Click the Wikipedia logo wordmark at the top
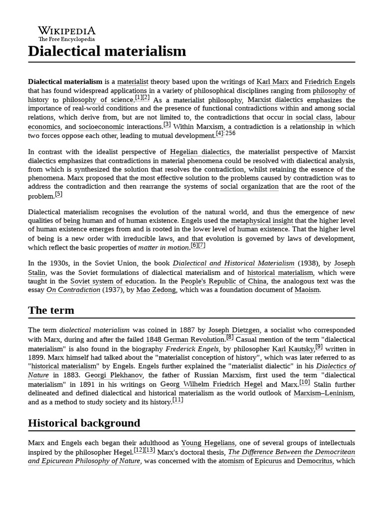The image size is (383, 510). tap(66, 30)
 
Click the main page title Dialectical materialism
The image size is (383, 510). tap(107, 51)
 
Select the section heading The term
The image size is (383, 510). tap(51, 310)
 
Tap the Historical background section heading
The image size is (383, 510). tap(84, 423)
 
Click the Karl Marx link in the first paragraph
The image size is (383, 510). tap(272, 81)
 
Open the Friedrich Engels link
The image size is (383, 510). tap(330, 81)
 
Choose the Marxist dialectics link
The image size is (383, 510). tap(275, 100)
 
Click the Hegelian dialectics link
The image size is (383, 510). tap(200, 151)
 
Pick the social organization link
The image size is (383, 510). tap(249, 187)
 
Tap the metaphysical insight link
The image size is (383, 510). tap(262, 220)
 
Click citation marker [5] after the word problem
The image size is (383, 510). tap(59, 194)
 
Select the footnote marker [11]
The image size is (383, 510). tap(178, 400)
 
